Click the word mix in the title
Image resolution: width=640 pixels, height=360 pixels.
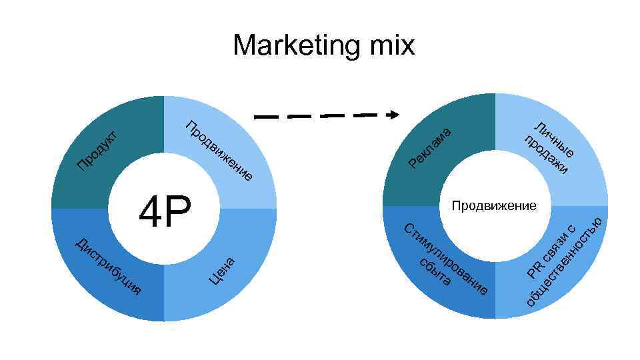pyautogui.click(x=387, y=45)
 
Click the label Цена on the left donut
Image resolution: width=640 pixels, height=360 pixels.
pyautogui.click(x=221, y=270)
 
